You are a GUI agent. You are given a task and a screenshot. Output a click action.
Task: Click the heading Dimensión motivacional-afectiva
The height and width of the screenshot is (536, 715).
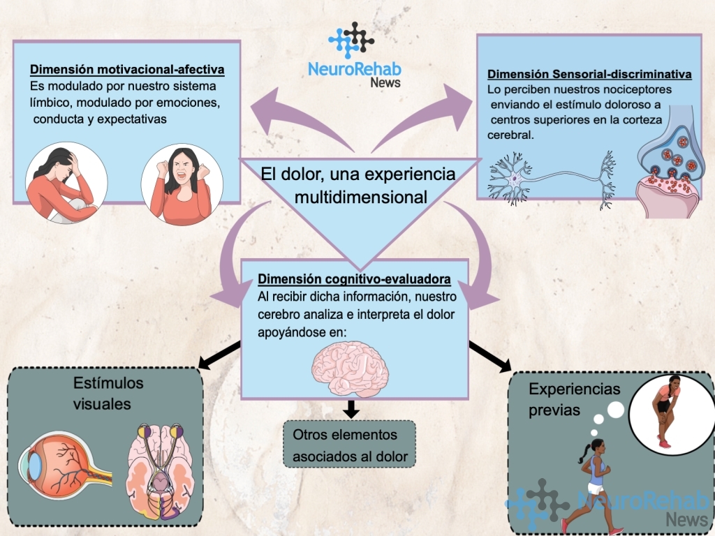click(126, 70)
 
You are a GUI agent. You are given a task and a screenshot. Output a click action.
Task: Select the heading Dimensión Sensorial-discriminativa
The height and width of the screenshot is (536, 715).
click(589, 74)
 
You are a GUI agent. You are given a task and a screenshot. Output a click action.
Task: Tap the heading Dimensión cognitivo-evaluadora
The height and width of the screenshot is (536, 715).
click(354, 280)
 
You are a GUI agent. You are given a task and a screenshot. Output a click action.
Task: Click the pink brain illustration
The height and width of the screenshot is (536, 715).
click(350, 369)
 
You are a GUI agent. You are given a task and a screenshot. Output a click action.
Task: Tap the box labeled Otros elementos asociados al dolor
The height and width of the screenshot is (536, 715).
click(350, 444)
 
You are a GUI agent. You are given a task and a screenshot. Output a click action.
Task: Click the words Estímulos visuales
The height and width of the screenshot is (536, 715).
click(108, 394)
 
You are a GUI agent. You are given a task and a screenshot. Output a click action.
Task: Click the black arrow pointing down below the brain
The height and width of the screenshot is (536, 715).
click(351, 408)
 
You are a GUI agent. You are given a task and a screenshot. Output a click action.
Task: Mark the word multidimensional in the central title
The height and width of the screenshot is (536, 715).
click(360, 197)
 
